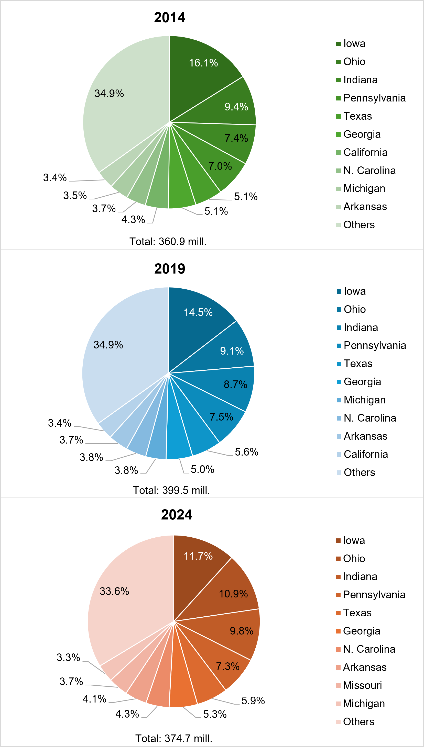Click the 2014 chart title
169,17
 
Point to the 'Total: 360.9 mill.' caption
168,241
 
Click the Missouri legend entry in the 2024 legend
362,685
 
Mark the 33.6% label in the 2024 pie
114,591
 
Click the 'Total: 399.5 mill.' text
171,490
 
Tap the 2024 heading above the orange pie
177,515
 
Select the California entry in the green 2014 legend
365,152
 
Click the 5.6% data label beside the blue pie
246,452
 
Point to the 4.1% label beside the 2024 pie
94,699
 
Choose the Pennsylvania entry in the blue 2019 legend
375,345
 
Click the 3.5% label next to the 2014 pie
75,196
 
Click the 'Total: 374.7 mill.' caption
173,738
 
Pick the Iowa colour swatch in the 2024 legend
338,540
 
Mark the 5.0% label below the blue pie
202,469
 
